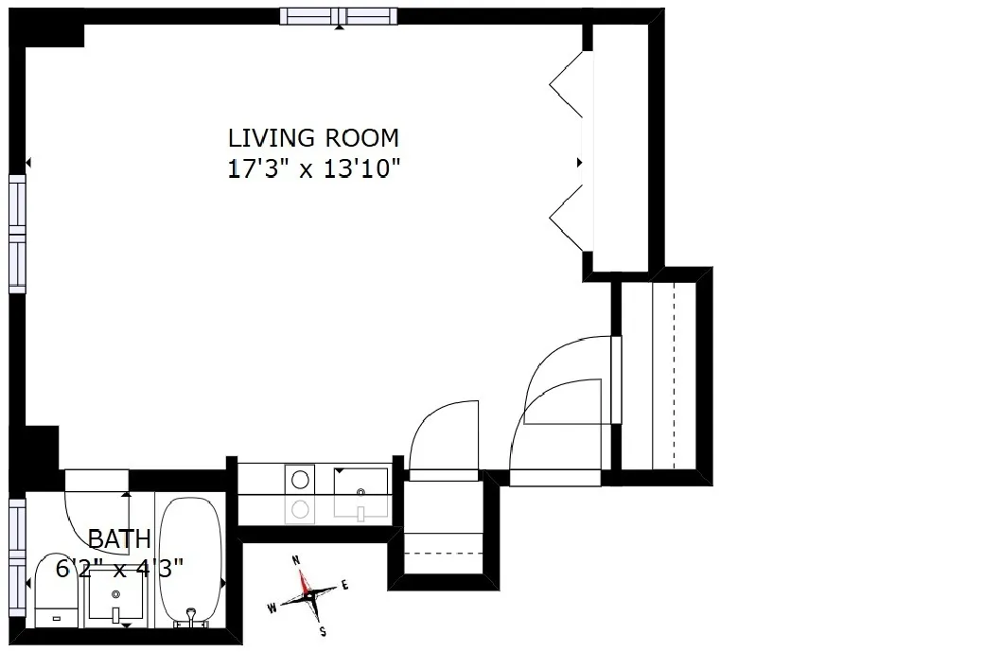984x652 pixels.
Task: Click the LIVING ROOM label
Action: [x=313, y=137]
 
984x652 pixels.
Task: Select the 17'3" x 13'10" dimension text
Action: [x=313, y=169]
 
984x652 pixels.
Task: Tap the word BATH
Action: [x=119, y=539]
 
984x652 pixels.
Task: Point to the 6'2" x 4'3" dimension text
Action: [x=119, y=568]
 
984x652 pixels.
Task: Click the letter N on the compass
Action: [x=296, y=560]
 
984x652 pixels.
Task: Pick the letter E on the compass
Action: [x=345, y=585]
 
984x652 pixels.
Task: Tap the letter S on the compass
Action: [x=323, y=631]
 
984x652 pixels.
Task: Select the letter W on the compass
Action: [x=272, y=608]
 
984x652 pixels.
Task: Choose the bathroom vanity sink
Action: [x=116, y=596]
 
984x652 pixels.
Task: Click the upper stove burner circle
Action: [x=301, y=478]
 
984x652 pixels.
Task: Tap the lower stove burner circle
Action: [x=301, y=510]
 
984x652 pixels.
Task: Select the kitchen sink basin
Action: [x=360, y=492]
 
